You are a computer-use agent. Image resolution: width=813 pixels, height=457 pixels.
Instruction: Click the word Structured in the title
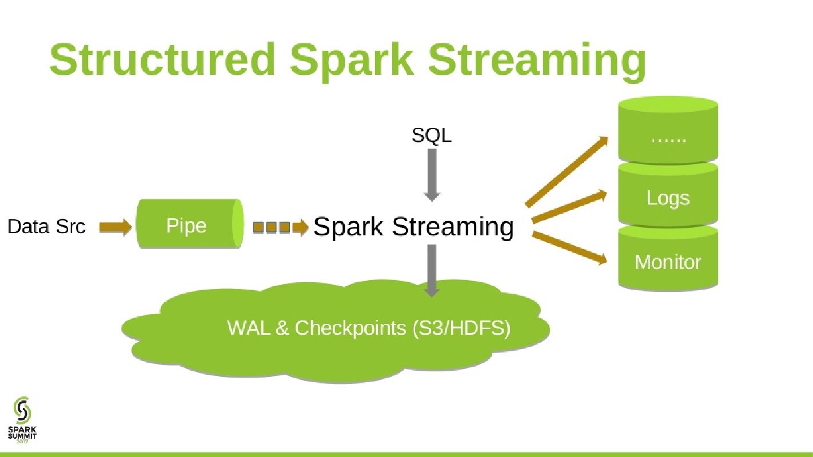tap(162, 59)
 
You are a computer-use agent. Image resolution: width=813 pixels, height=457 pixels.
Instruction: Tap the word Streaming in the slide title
tap(537, 61)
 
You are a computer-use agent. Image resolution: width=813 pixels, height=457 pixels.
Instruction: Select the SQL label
tap(431, 135)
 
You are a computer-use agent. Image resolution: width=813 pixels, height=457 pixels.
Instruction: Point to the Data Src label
tap(46, 227)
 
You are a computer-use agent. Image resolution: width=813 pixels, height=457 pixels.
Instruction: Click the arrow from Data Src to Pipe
tap(115, 227)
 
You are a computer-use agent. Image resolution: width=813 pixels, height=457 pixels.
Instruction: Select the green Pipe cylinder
tap(189, 225)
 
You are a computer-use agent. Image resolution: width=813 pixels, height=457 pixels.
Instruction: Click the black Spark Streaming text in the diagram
tap(413, 227)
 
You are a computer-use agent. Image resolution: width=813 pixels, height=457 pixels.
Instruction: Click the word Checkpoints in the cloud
tap(350, 328)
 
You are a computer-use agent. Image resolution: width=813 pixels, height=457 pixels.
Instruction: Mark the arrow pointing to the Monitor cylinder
tap(569, 248)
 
